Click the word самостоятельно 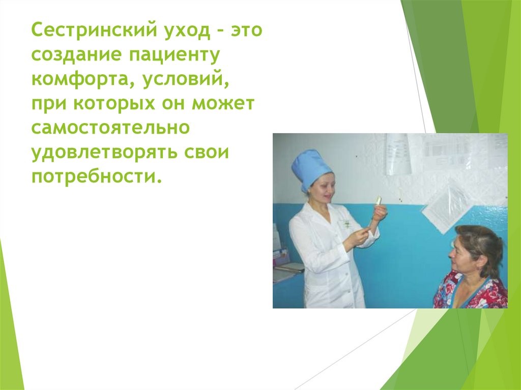click(110, 129)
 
